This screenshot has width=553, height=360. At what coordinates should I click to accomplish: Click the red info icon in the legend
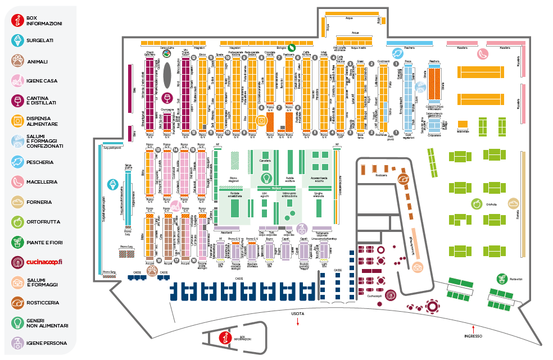pyautogui.click(x=19, y=21)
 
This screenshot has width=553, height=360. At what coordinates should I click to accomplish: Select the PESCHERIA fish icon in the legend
pyautogui.click(x=19, y=162)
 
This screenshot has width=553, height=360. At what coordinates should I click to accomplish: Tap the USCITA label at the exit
pyautogui.click(x=298, y=313)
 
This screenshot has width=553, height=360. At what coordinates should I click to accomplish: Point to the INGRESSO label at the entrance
pyautogui.click(x=473, y=336)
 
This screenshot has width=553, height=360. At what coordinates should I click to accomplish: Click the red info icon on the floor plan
pyautogui.click(x=224, y=338)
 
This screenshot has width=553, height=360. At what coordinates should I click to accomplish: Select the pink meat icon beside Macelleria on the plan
pyautogui.click(x=483, y=54)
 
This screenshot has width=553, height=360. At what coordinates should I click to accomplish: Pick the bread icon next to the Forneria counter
pyautogui.click(x=513, y=203)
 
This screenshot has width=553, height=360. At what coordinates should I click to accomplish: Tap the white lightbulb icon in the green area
pyautogui.click(x=261, y=177)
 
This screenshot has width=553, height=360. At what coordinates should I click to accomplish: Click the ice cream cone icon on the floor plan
pyautogui.click(x=112, y=184)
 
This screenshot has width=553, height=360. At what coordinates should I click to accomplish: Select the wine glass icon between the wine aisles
pyautogui.click(x=166, y=96)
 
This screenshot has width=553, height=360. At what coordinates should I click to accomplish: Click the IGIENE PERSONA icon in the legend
pyautogui.click(x=19, y=343)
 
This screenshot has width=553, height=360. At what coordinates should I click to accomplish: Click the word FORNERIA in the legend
pyautogui.click(x=39, y=202)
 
